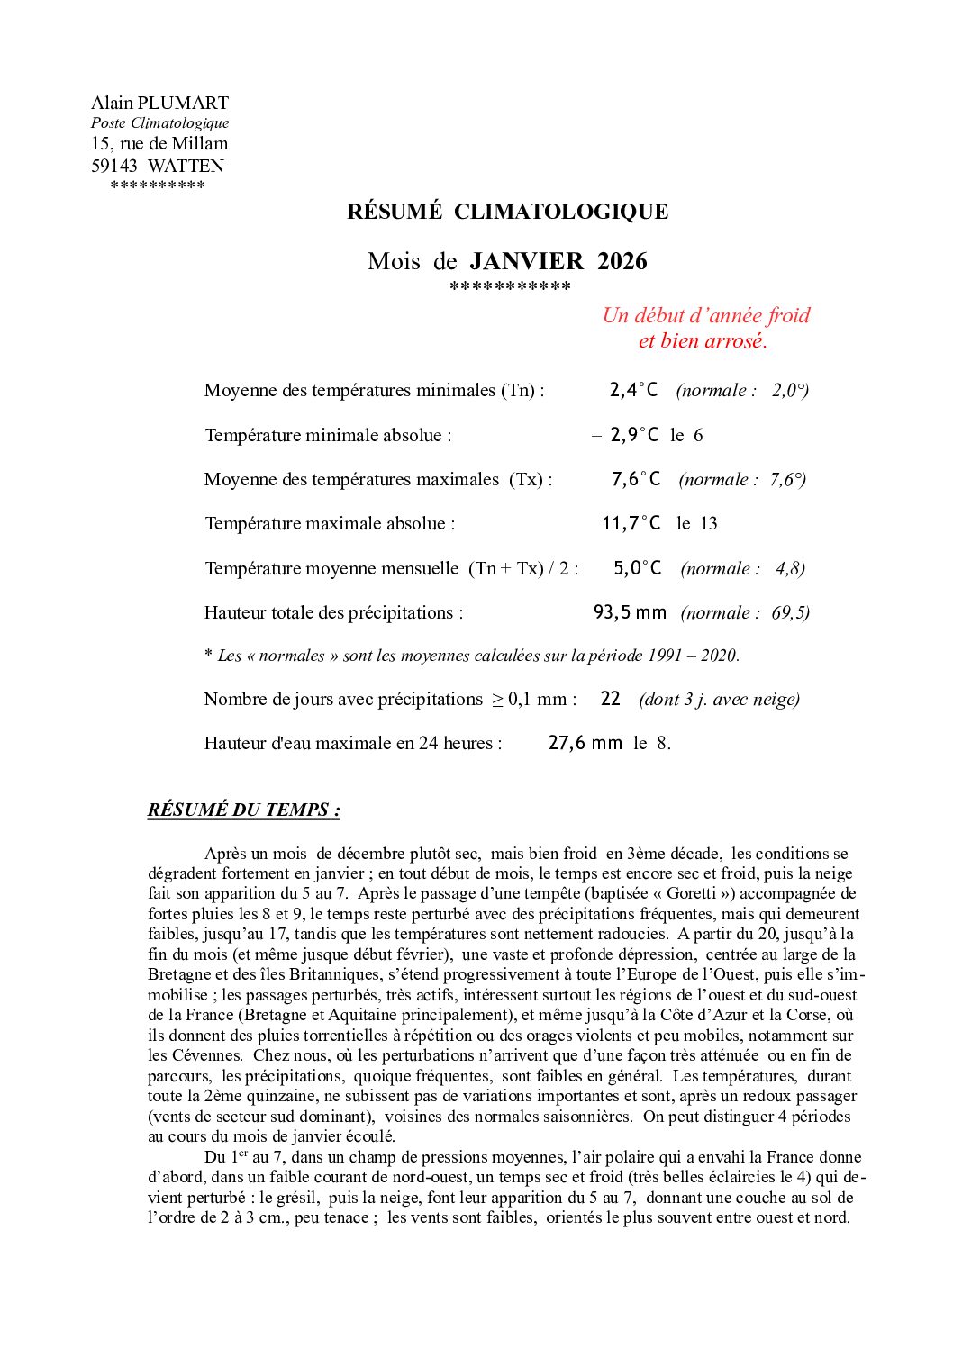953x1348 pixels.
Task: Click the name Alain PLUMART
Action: (x=159, y=103)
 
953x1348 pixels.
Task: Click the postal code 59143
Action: (x=114, y=166)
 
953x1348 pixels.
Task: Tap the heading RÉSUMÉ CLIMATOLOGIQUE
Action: (x=507, y=212)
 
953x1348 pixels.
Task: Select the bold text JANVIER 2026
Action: (x=558, y=261)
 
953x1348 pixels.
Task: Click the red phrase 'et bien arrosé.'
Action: (x=703, y=341)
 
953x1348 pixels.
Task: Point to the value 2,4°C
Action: (x=633, y=390)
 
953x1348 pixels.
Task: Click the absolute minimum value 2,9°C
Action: (x=634, y=435)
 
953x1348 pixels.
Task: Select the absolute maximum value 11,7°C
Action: (x=631, y=523)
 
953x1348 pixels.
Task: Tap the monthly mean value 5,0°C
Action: (x=637, y=568)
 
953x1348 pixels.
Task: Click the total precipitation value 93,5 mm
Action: (x=630, y=612)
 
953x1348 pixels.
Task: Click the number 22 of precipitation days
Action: (x=610, y=699)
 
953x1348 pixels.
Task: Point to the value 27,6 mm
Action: (x=585, y=743)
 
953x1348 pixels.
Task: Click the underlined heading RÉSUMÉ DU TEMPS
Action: (x=243, y=810)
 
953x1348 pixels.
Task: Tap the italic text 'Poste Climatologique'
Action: (x=159, y=123)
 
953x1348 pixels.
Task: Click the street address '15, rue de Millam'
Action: (x=159, y=143)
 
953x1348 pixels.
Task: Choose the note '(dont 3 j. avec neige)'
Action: (x=719, y=700)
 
